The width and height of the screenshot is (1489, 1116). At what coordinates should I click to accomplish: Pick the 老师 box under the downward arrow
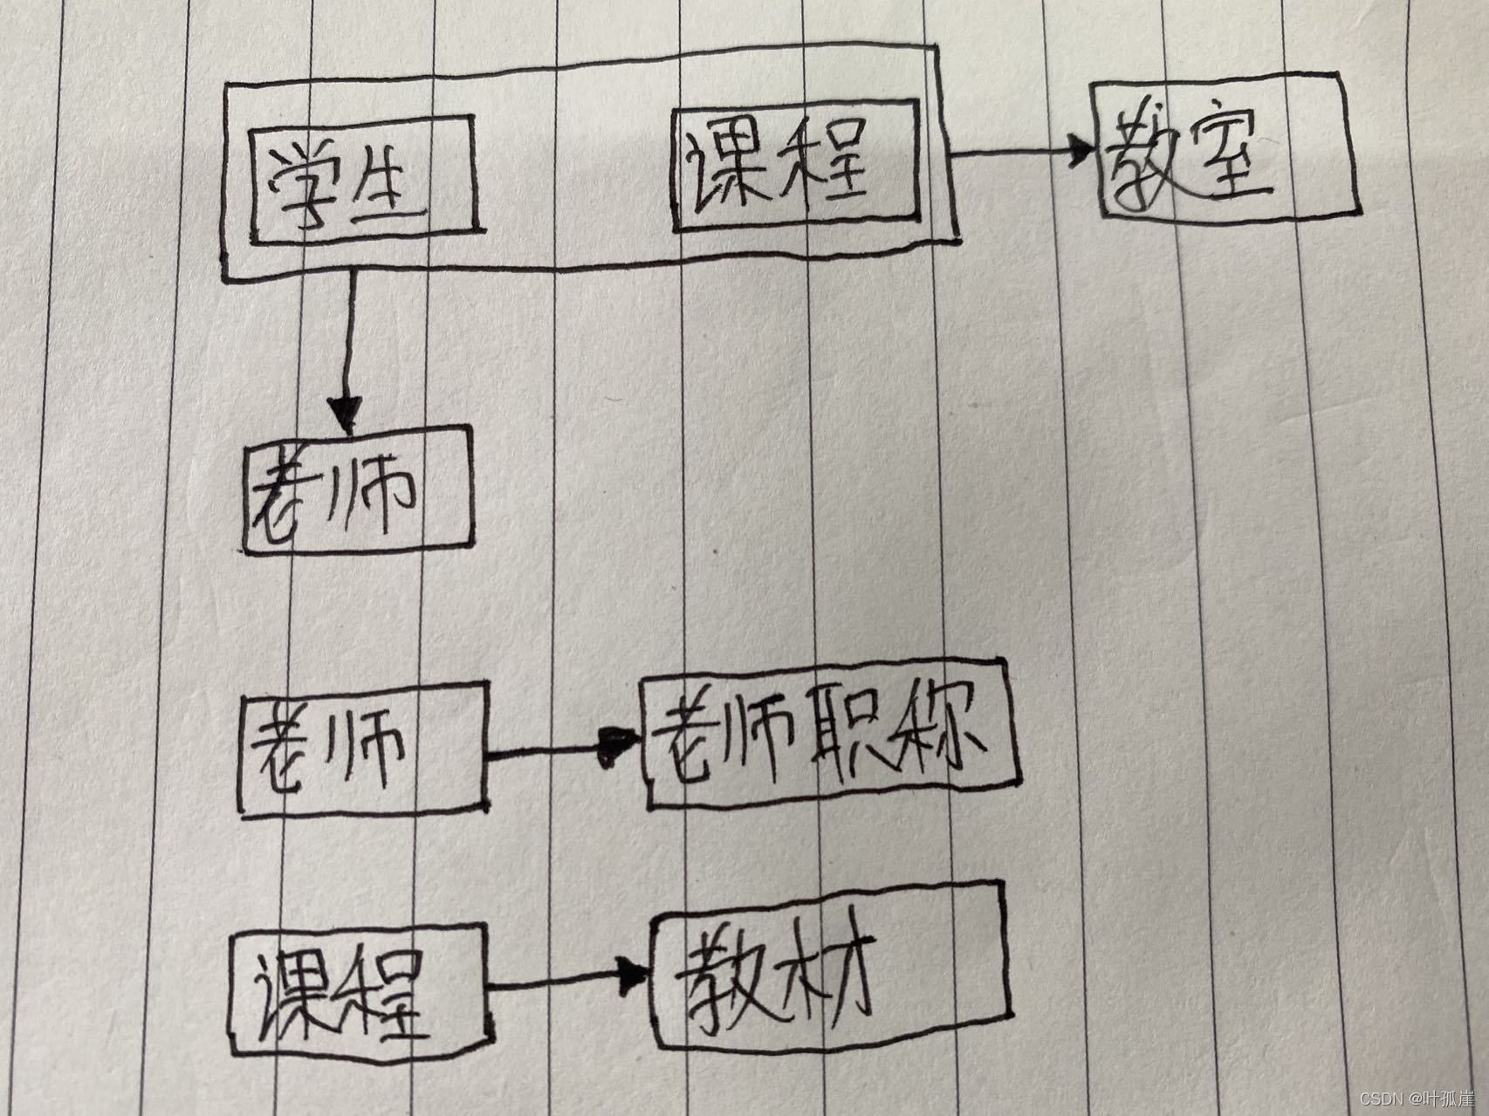(x=358, y=491)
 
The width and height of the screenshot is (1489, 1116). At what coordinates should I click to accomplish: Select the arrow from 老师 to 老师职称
(x=563, y=747)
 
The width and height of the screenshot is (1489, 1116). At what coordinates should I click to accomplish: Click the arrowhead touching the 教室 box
(x=1081, y=152)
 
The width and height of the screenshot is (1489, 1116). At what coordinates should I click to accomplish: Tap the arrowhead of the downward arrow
(x=346, y=413)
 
